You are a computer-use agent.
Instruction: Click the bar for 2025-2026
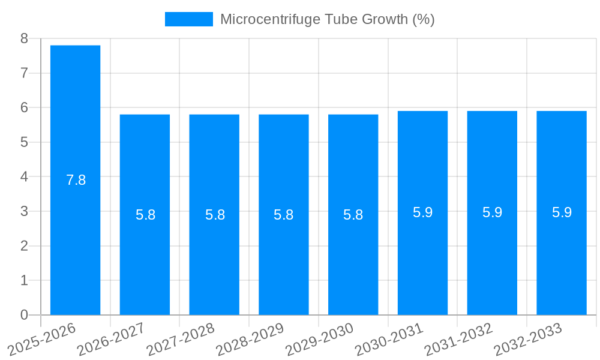click(x=75, y=180)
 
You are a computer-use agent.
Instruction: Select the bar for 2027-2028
click(x=214, y=214)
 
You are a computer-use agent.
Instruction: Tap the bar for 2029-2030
click(x=353, y=214)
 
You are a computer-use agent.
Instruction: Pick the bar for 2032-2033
click(x=562, y=212)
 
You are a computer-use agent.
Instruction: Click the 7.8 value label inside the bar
click(x=76, y=180)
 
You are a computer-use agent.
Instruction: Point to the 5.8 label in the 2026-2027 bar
click(x=145, y=215)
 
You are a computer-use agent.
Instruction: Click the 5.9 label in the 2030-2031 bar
click(x=422, y=212)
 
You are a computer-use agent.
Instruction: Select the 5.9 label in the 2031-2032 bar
click(x=492, y=212)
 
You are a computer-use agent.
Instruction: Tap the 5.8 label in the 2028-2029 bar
click(x=283, y=215)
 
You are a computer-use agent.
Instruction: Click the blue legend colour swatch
click(x=188, y=19)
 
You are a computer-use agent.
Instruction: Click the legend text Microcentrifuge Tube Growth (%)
click(x=327, y=19)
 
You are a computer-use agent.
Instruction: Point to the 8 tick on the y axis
click(x=24, y=38)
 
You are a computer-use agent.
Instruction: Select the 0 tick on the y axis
click(x=24, y=315)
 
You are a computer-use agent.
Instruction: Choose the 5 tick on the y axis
click(x=24, y=142)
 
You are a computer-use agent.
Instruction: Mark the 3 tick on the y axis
click(x=24, y=211)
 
